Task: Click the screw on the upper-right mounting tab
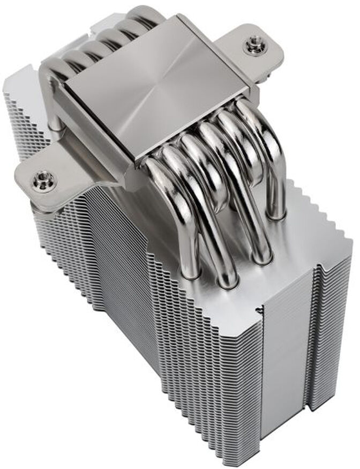coord(253,45)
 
